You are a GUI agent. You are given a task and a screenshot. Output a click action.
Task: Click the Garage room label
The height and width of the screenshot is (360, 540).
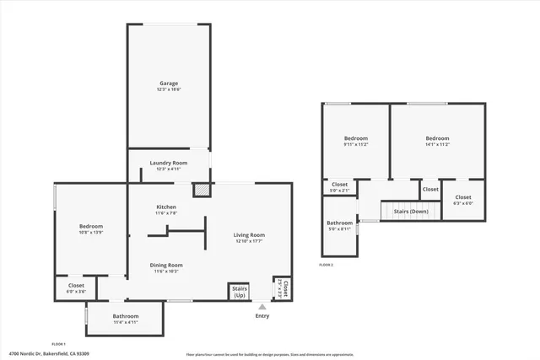pos(169,83)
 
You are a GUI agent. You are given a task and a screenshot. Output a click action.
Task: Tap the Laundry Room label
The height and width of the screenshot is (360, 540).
pos(169,163)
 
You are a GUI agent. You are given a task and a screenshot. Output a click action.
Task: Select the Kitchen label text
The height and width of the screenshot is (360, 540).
pos(166,207)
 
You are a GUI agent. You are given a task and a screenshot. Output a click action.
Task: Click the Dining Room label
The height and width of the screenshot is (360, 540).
pos(166,265)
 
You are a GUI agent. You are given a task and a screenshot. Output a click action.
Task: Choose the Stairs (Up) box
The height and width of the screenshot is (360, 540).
pos(240,292)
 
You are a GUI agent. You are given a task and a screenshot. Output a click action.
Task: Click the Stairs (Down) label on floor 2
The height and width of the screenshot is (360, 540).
pos(411,212)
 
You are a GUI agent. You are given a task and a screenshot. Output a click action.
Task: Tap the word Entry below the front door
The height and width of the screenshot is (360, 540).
pos(262,316)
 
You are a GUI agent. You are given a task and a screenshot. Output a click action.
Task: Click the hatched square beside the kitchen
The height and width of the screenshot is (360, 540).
pos(201,191)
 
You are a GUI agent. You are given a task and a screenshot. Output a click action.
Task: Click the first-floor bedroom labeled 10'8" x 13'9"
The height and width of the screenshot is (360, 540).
pos(91,227)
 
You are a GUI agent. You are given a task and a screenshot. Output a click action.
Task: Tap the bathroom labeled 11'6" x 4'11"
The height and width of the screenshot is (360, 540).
pos(126,317)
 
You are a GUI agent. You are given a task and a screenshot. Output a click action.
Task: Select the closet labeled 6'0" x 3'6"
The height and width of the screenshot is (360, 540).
pos(76,287)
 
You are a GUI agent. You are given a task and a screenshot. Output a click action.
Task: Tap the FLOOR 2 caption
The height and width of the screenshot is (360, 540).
pos(326,265)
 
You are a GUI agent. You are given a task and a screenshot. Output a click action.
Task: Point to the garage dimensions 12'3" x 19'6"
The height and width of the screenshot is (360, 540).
pos(169,89)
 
